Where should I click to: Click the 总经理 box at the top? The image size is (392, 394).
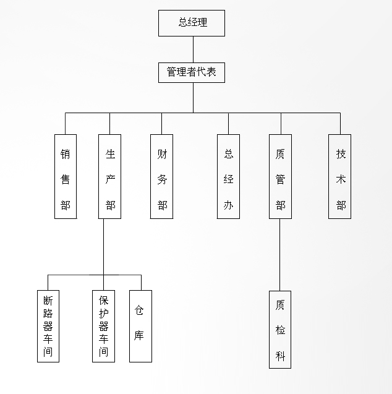(x=192, y=23)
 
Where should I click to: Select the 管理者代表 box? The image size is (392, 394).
(x=191, y=72)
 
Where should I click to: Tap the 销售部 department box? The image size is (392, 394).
(x=66, y=176)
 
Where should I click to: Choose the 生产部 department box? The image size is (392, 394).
(x=110, y=176)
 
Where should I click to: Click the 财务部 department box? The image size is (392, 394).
(x=162, y=176)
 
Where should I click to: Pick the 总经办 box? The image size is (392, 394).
(x=228, y=176)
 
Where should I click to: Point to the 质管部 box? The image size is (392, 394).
(x=280, y=176)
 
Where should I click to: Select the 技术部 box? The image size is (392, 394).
(x=340, y=176)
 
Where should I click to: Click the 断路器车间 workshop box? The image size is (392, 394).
(x=48, y=326)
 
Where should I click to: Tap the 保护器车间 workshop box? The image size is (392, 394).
(x=103, y=326)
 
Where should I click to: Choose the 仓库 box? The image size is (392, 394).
(x=140, y=326)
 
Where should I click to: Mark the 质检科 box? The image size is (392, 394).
(x=280, y=330)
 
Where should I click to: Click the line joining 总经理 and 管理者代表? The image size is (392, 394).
(x=193, y=49)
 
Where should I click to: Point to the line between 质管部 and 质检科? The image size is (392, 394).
(x=280, y=254)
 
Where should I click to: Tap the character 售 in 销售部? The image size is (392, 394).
(x=66, y=179)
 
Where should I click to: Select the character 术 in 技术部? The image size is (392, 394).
(x=341, y=179)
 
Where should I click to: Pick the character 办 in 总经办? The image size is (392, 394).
(x=228, y=205)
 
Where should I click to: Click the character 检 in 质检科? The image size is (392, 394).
(x=280, y=330)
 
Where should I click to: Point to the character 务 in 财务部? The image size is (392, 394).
(x=162, y=179)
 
